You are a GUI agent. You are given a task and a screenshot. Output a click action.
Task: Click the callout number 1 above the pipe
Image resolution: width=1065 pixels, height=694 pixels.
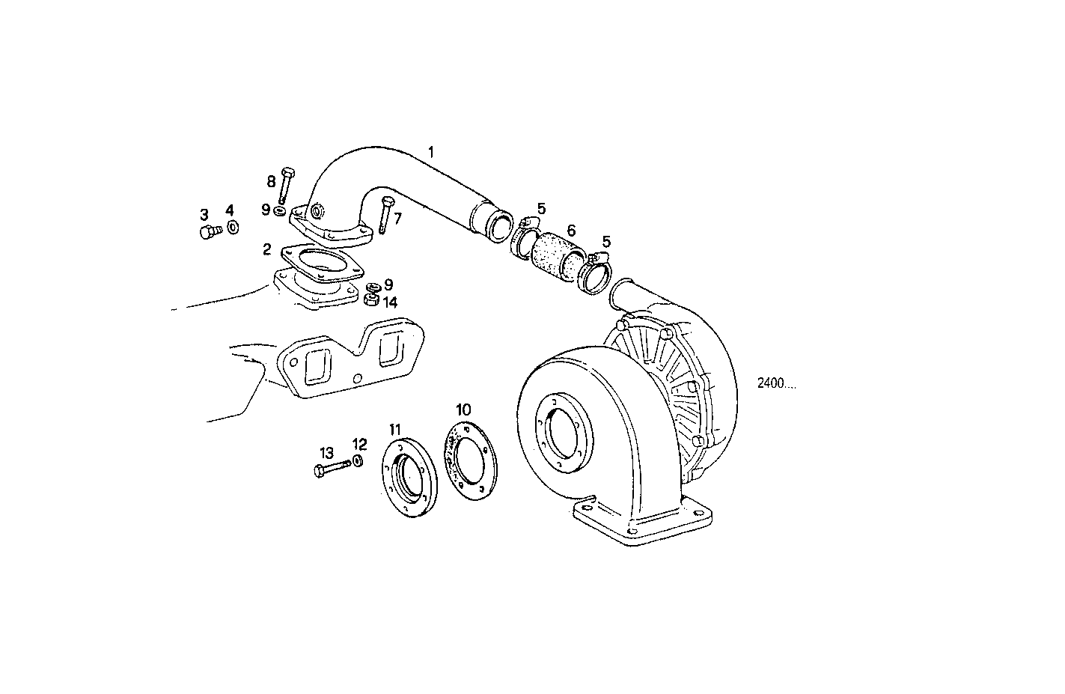coord(431,152)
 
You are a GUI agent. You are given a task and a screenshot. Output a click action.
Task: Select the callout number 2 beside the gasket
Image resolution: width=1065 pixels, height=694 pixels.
coord(266,248)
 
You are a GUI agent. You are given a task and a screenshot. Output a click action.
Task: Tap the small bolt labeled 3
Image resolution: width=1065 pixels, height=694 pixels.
coord(207,232)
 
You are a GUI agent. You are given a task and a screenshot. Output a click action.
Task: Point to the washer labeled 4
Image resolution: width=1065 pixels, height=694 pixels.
coord(233,226)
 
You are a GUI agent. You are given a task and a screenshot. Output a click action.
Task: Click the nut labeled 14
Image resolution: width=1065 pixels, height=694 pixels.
coord(369,300)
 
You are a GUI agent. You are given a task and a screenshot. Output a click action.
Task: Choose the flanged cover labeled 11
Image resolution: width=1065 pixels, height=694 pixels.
coord(409,478)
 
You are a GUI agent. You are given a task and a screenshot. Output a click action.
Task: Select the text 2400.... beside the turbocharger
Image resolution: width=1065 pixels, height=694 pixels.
coord(775,383)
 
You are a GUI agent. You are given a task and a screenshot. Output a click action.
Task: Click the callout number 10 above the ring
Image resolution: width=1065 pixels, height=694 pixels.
coord(463,409)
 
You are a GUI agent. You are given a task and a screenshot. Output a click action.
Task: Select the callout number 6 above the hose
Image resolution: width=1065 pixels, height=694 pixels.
coord(570,231)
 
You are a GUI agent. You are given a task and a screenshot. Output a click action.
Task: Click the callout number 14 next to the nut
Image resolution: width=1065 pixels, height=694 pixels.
coord(390,302)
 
